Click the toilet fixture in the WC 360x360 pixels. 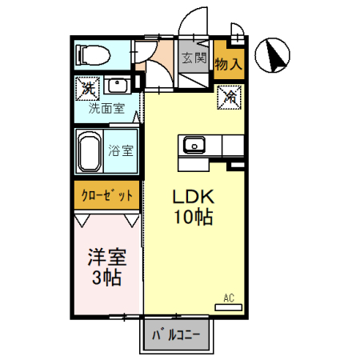[x=93, y=55]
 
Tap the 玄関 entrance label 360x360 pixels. [x=194, y=58]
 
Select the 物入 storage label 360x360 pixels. [x=229, y=64]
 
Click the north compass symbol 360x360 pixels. [x=272, y=55]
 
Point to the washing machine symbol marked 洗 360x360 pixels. [x=87, y=88]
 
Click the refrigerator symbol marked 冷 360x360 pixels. [x=229, y=97]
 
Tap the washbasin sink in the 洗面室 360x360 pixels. [x=117, y=86]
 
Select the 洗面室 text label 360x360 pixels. [x=106, y=108]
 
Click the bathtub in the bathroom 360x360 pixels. [x=90, y=151]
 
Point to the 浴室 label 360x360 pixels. [x=121, y=150]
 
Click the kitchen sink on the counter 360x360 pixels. [x=194, y=145]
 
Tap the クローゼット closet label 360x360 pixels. [x=106, y=195]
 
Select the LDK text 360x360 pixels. [x=194, y=197]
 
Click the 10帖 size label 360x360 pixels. [x=194, y=217]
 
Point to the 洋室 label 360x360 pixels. [x=107, y=257]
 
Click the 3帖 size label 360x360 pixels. [x=106, y=278]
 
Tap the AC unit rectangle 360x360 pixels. [x=229, y=307]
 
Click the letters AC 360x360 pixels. [x=229, y=298]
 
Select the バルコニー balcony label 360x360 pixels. [x=176, y=335]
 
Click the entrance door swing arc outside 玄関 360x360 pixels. [x=186, y=15]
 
